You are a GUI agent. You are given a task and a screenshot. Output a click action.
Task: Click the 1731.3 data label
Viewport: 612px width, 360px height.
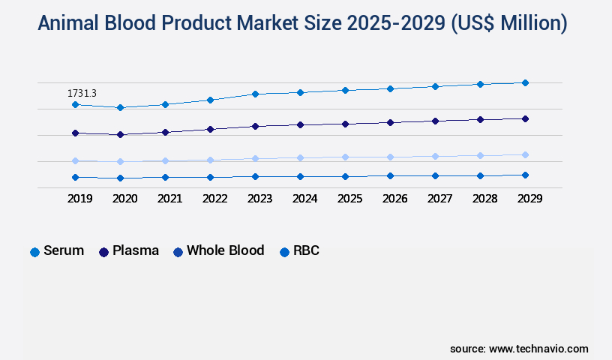coord(82,93)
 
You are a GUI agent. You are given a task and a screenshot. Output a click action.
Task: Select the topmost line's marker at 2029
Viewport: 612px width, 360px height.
coord(525,82)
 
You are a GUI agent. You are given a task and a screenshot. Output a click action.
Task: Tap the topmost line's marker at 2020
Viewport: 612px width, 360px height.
coord(120,107)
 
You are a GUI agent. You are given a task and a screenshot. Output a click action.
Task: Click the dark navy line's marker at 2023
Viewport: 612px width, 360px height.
coord(255,126)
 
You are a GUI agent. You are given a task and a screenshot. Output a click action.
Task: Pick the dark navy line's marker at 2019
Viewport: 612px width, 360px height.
coord(75,133)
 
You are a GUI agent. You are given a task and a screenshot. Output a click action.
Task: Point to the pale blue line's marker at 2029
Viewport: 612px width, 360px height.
coord(525,154)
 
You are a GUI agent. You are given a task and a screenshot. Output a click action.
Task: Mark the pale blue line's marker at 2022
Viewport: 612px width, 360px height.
coord(210,160)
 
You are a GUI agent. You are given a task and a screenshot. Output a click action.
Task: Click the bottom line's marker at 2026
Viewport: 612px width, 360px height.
coord(390,175)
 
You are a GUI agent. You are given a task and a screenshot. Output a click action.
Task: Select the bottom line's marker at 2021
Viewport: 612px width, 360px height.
coord(165,177)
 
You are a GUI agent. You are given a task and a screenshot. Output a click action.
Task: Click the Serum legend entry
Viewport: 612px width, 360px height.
coord(57,251)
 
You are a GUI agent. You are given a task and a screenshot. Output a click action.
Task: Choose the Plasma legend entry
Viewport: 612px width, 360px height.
coord(129,251)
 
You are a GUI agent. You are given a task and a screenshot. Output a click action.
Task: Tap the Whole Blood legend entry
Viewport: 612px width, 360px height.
coord(218,251)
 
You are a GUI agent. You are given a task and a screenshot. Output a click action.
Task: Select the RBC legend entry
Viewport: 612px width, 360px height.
coord(299,251)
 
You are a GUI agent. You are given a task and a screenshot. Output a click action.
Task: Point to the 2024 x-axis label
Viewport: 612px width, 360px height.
coord(304,199)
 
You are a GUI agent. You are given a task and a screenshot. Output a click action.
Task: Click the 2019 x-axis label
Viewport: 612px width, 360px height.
coord(79,199)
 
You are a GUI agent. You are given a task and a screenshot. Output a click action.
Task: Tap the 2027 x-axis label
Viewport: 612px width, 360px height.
coord(439,199)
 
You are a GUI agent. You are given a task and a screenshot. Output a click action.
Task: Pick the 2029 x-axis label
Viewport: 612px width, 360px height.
coord(529,199)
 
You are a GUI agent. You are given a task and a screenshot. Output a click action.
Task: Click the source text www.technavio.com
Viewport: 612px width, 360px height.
coord(538,349)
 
